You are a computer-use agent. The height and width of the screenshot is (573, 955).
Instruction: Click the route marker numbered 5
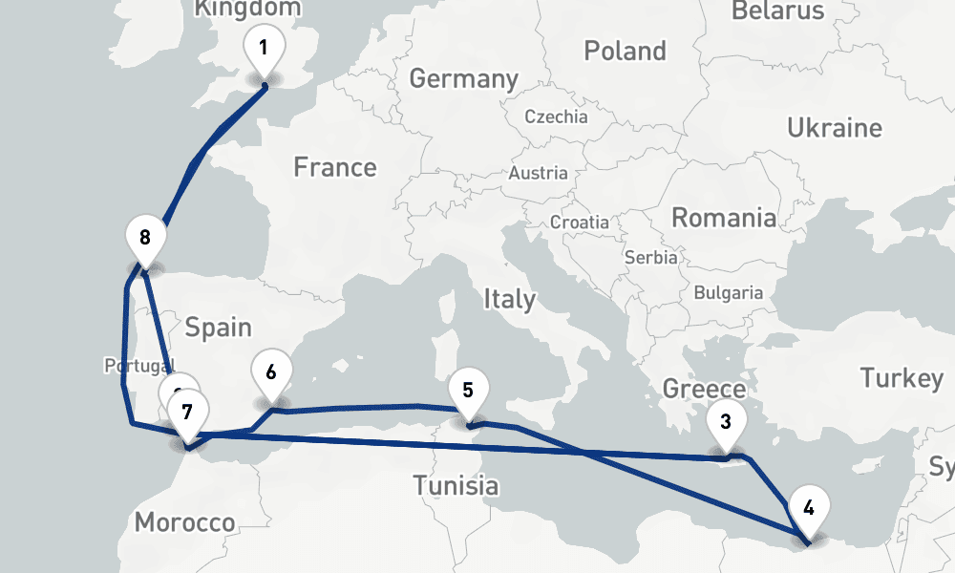click(467, 391)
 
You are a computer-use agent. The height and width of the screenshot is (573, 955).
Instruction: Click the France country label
click(335, 168)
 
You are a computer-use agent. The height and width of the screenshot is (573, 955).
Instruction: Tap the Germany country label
click(463, 78)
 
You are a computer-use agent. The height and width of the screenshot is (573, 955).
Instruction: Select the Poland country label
click(625, 51)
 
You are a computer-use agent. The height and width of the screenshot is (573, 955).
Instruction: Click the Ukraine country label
click(835, 128)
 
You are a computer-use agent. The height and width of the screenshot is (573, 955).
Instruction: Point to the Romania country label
click(724, 218)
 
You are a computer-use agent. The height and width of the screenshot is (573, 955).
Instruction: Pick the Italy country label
click(509, 299)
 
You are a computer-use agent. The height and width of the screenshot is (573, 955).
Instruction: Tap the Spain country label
click(218, 329)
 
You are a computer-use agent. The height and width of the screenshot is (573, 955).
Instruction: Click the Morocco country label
click(184, 523)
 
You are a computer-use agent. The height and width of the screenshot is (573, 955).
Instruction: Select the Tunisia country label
click(456, 486)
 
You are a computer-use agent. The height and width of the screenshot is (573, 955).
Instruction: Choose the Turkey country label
click(902, 378)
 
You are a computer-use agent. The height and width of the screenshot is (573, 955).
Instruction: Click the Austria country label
click(538, 174)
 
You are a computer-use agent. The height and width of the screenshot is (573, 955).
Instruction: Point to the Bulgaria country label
click(729, 293)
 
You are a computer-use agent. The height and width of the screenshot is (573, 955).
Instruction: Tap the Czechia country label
click(556, 117)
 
